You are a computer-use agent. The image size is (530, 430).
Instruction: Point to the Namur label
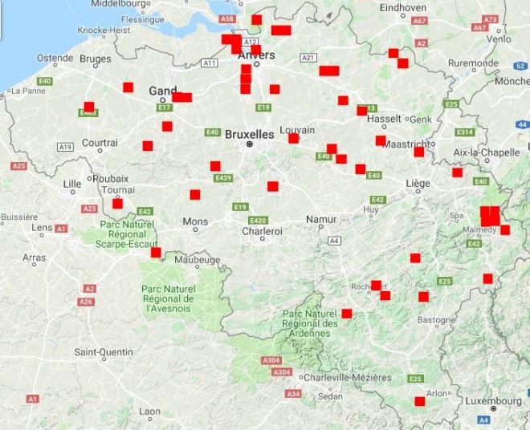tap(320, 219)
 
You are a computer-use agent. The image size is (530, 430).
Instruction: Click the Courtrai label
tap(100, 142)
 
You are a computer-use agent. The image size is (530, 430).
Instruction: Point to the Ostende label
tap(55, 59)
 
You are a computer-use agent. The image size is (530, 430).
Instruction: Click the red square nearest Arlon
tap(419, 401)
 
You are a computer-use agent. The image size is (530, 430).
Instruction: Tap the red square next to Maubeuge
tap(156, 253)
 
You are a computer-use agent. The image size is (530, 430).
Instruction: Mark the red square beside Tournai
tap(118, 203)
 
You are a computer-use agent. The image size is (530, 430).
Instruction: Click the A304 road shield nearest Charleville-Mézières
tap(281, 372)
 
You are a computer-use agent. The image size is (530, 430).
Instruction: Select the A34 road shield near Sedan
tap(293, 394)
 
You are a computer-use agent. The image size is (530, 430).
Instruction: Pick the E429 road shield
tap(223, 178)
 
